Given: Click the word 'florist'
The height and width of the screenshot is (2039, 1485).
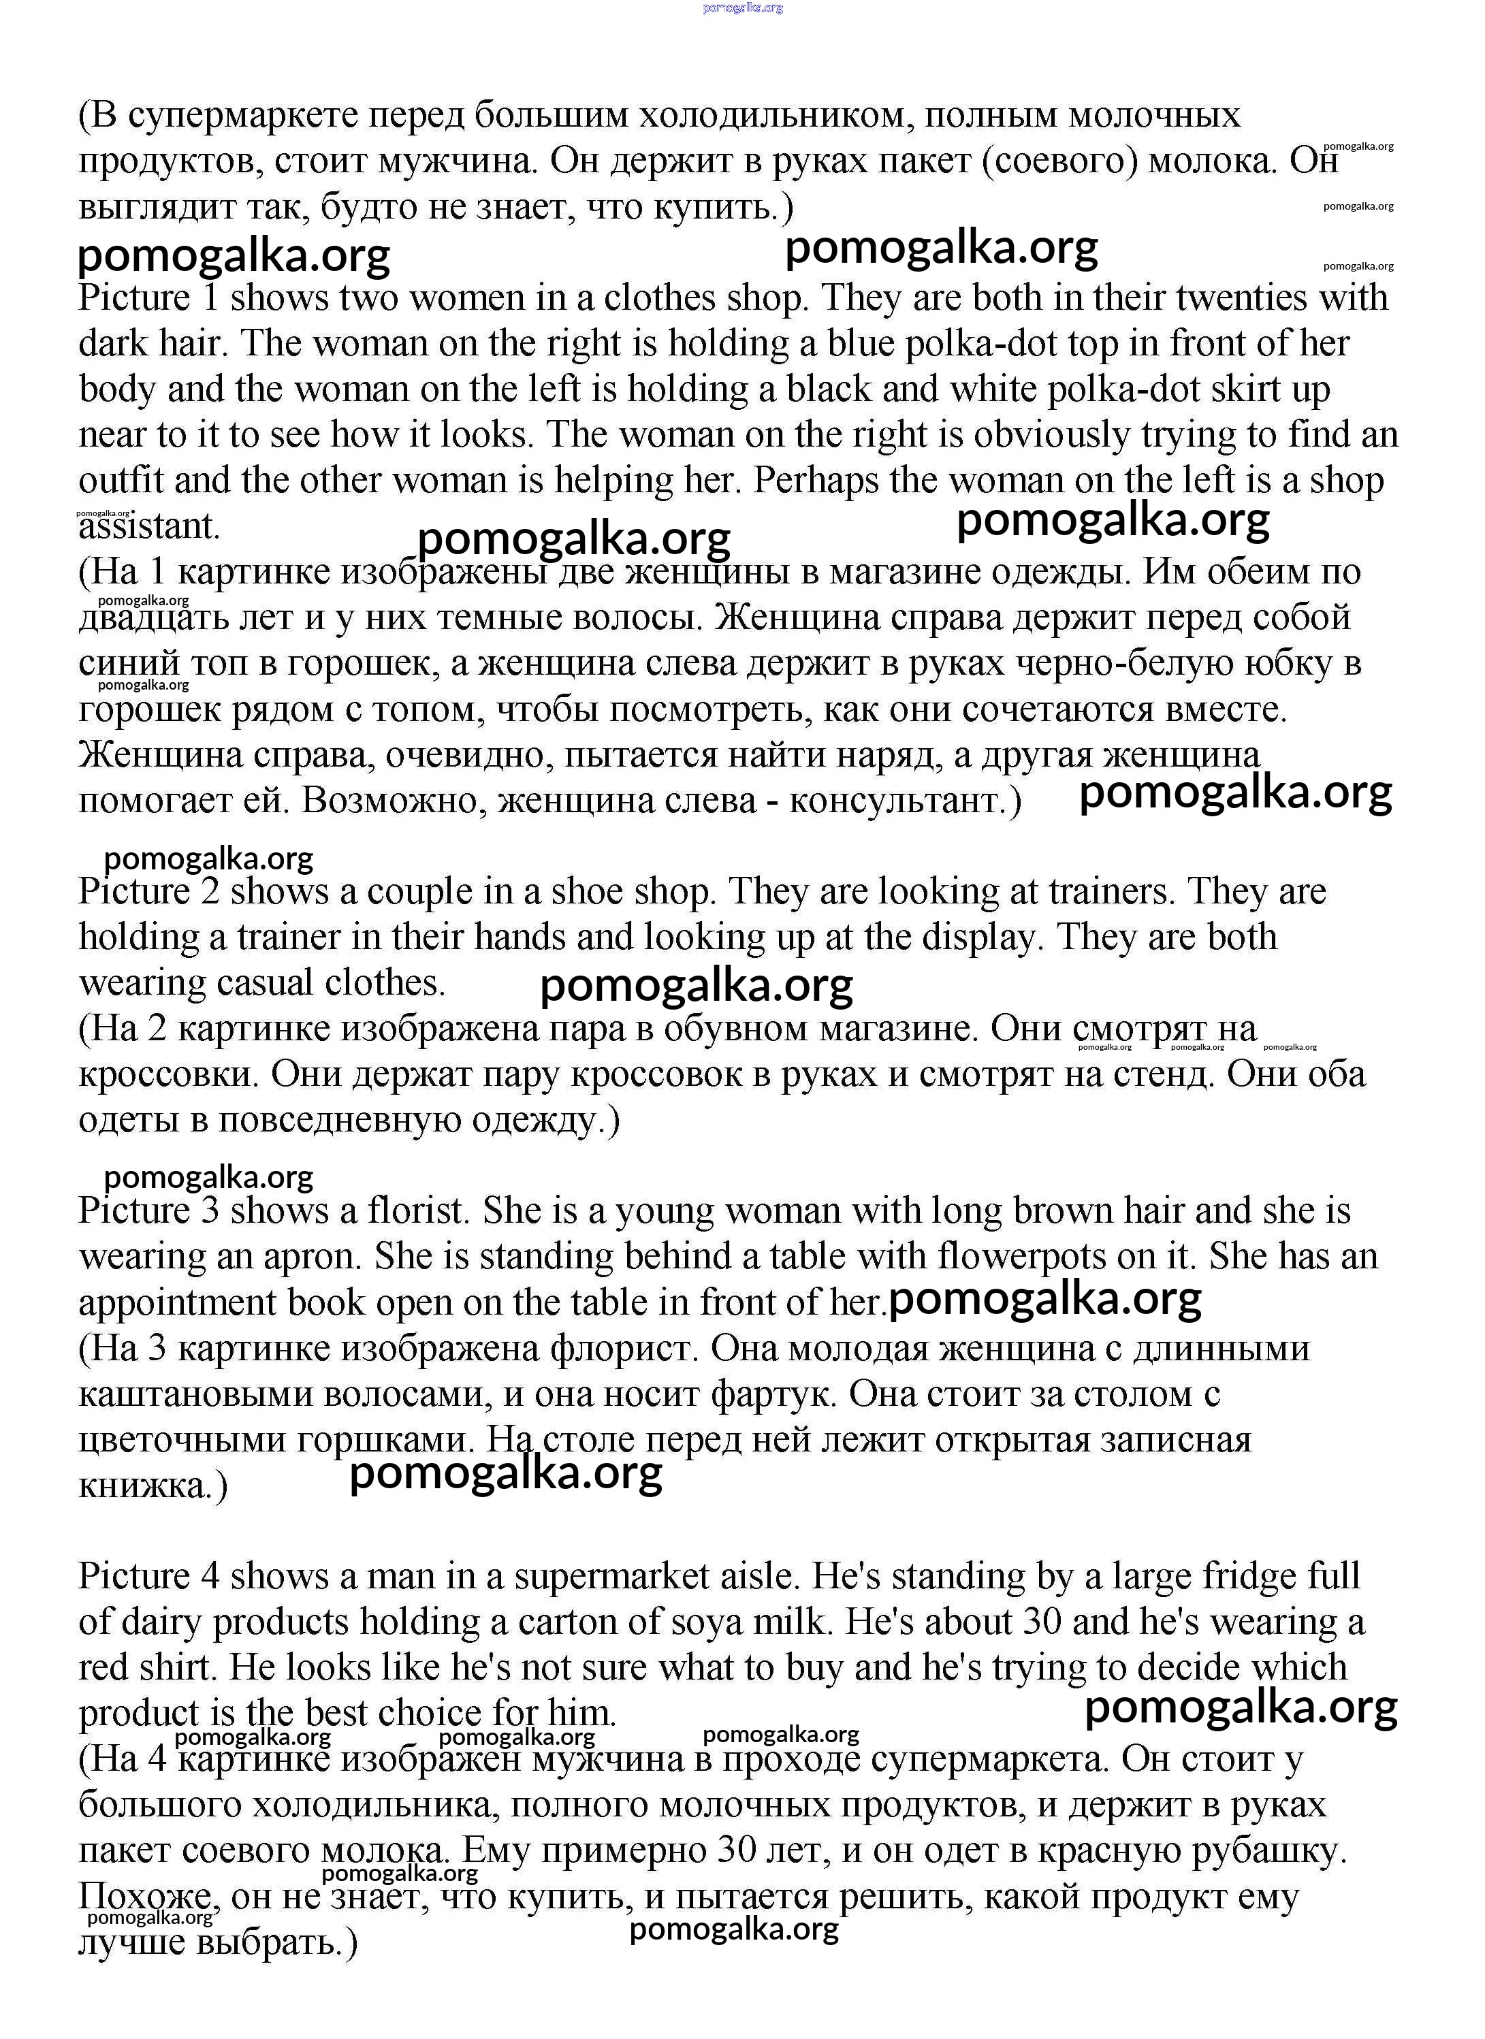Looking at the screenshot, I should point(419,1211).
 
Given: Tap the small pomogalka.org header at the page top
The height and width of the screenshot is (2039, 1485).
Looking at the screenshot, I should point(742,7).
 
